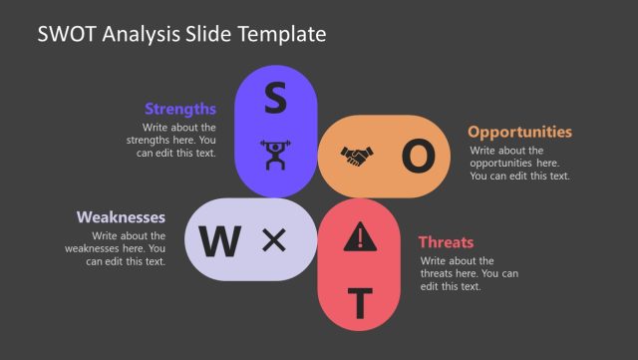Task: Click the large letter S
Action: click(274, 98)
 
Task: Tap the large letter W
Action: click(220, 240)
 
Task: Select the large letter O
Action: click(419, 156)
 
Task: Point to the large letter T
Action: click(361, 300)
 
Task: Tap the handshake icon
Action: click(358, 156)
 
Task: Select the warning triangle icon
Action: click(361, 236)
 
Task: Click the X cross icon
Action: click(273, 239)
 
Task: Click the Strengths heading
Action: click(180, 109)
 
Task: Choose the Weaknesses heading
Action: click(121, 216)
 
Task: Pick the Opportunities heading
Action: click(519, 132)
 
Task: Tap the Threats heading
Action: click(446, 241)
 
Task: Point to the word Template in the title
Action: click(284, 34)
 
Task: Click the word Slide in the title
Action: click(210, 34)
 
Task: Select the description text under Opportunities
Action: click(518, 163)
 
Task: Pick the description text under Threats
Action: click(469, 273)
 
